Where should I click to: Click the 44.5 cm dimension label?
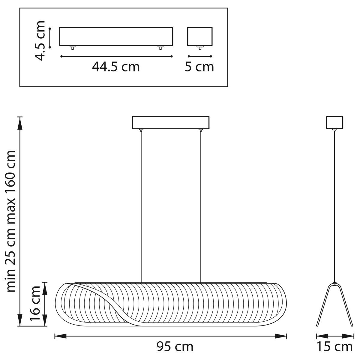116,67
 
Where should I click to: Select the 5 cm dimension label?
199,67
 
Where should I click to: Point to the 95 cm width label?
175,346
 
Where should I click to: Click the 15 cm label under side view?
335,346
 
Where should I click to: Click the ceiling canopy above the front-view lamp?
171,123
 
